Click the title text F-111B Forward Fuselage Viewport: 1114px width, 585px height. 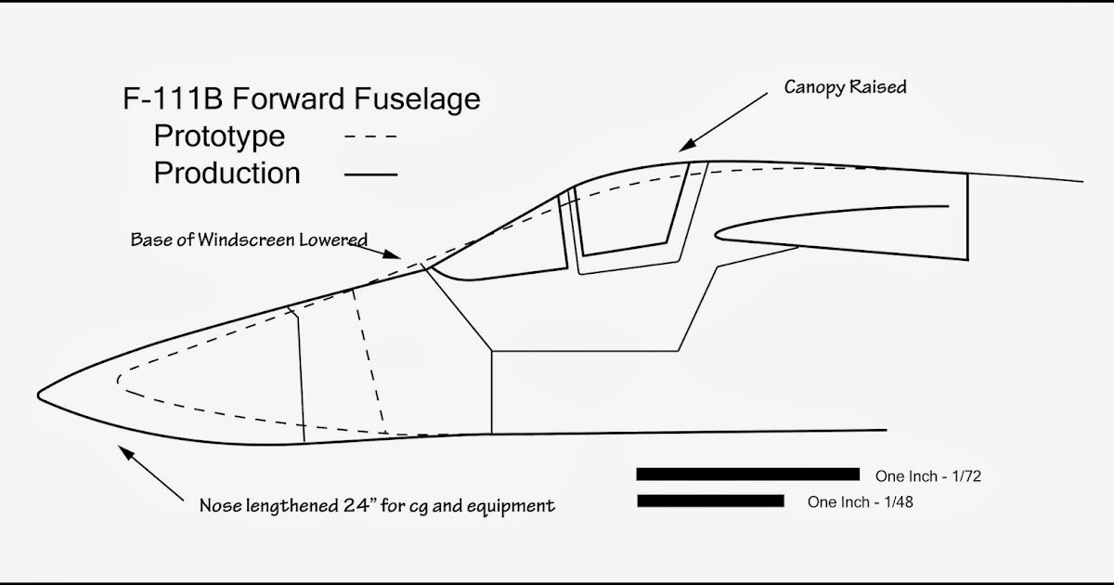(302, 98)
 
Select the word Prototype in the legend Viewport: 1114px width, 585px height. (219, 136)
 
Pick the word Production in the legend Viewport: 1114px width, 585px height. (227, 173)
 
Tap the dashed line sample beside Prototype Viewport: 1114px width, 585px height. (371, 136)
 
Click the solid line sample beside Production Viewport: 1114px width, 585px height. (371, 175)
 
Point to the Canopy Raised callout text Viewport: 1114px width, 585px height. (846, 87)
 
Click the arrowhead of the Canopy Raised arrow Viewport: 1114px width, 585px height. (686, 145)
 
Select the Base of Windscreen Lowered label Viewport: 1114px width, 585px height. (249, 240)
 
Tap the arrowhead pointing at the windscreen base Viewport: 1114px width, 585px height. (393, 254)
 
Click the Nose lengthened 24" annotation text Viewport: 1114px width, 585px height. (377, 506)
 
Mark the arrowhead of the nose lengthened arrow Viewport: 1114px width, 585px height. (125, 452)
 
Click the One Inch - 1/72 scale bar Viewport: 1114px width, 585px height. (748, 474)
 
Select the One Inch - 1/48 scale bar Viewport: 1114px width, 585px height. (711, 500)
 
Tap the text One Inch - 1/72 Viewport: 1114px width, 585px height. (928, 476)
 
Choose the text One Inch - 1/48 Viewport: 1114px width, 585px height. (861, 502)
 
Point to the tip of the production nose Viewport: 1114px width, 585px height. (38, 396)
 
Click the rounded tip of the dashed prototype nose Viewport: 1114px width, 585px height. (119, 381)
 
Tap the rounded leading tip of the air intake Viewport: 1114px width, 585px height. (717, 235)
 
